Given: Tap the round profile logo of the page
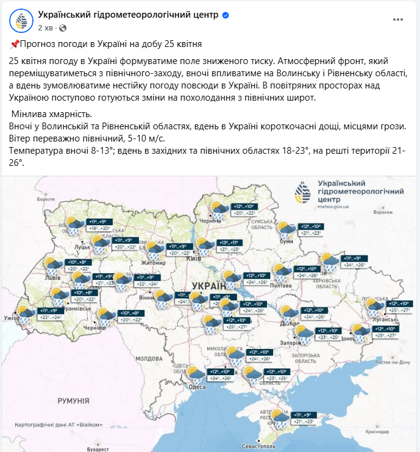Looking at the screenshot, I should coord(21,20).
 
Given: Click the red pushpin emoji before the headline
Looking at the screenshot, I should coord(15,45).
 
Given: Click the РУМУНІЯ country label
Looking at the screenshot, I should coord(73,401).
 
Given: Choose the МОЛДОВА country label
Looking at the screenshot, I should coord(148,358).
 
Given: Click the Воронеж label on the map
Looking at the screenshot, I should coord(383,212).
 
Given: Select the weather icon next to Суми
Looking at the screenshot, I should coord(286,230).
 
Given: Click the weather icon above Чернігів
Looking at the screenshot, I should coord(218,210).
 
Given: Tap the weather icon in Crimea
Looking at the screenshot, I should coord(280,418).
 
